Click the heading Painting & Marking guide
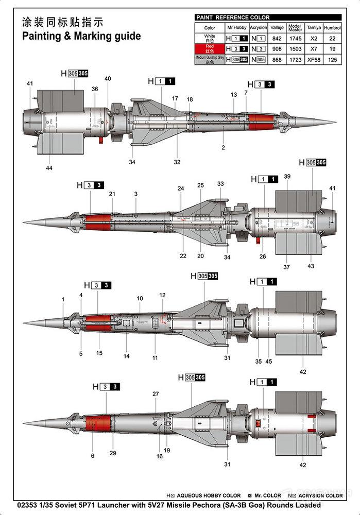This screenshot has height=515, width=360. coord(81,37)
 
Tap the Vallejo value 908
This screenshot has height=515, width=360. coord(277,49)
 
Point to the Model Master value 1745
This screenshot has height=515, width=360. coord(295,39)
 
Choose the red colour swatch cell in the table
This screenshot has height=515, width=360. coord(210,49)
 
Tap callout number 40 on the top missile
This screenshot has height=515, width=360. coord(108,79)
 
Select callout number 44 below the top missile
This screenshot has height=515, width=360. coord(49,168)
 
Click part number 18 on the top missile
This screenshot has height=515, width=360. coord(190,99)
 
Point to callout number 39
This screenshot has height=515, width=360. coord(287,177)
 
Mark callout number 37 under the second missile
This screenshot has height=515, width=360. coord(286,267)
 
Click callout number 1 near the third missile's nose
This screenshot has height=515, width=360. coord(63,299)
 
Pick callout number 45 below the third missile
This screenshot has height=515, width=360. coord(268,362)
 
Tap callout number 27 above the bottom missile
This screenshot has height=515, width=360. coord(156,394)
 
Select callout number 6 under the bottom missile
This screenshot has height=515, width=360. coord(93,456)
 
